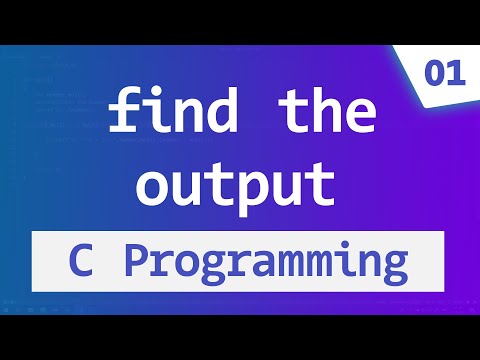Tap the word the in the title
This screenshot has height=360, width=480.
pyautogui.click(x=314, y=114)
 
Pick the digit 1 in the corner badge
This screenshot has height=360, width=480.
pyautogui.click(x=451, y=75)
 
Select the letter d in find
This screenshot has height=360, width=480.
pyautogui.click(x=210, y=114)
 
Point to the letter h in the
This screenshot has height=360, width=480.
pyautogui.click(x=314, y=113)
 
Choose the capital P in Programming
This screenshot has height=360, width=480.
pyautogui.click(x=138, y=262)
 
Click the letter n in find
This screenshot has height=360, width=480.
pyautogui.click(x=181, y=118)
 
